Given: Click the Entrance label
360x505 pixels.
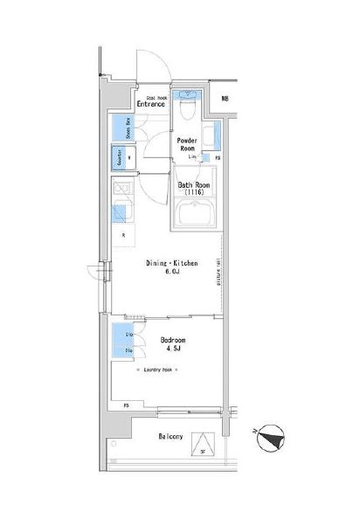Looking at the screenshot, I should (x=150, y=103).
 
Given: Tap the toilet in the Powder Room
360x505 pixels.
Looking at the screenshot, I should (x=187, y=108).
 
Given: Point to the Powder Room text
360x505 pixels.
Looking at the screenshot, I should (x=186, y=144).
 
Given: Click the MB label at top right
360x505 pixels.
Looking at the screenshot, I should (x=225, y=99).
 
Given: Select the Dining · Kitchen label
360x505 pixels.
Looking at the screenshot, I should (x=171, y=262).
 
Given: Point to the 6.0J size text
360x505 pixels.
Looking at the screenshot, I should (x=171, y=272).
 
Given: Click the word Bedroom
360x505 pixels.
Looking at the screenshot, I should (x=172, y=340).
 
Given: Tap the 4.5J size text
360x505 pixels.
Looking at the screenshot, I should (x=172, y=350).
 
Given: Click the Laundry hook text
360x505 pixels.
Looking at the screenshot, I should (x=160, y=370).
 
